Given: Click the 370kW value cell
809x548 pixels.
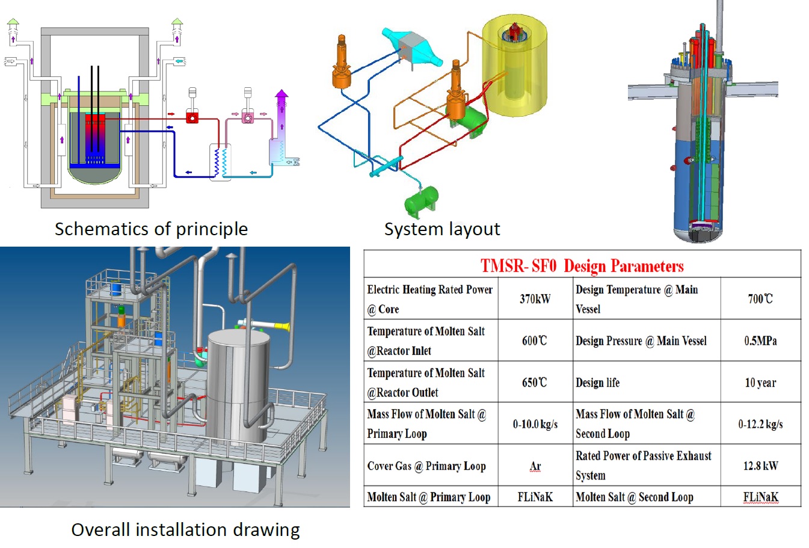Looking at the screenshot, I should (535, 299).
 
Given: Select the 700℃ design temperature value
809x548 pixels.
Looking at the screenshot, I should (760, 299).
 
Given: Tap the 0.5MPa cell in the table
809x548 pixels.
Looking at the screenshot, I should (760, 341).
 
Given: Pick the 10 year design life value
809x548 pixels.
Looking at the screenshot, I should (760, 383).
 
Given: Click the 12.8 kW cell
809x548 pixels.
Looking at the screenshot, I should (760, 466).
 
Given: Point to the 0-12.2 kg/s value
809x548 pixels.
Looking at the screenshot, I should (760, 424).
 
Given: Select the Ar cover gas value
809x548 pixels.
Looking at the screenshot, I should (535, 466).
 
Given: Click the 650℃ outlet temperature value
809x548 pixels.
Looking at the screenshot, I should (535, 383).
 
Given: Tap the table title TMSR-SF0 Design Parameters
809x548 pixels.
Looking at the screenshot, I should (582, 266).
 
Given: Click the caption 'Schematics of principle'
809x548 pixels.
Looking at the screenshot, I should (151, 229).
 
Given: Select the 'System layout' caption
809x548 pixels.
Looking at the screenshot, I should (442, 229).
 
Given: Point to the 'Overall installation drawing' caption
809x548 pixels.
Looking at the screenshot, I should (185, 530).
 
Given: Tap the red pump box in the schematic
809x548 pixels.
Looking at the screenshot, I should (192, 117).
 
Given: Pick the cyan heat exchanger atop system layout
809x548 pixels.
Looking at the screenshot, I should (412, 45).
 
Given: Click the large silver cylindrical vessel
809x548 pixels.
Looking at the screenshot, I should (239, 385).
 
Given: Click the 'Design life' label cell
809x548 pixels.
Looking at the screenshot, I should (598, 383).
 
